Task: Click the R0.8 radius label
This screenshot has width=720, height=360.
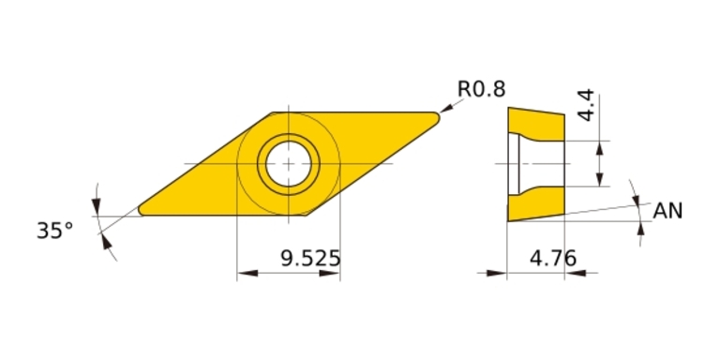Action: (x=481, y=89)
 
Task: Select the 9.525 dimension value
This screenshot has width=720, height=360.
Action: (x=310, y=259)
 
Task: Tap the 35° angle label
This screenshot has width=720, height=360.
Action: (x=54, y=231)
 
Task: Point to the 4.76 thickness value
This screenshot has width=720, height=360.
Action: (x=553, y=259)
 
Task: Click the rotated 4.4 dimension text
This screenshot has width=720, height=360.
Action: (x=586, y=106)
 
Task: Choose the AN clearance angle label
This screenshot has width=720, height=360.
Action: (x=667, y=211)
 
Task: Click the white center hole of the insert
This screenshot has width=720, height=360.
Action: (x=289, y=163)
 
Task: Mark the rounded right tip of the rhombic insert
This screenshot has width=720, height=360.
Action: (x=439, y=117)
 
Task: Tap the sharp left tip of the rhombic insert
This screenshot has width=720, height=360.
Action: (x=139, y=210)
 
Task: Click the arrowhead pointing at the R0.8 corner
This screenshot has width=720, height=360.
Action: (x=446, y=108)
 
